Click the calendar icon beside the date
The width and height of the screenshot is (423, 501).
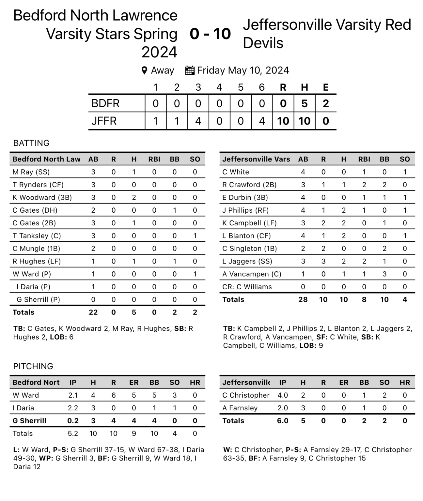[190, 70]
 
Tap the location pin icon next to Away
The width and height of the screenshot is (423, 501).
[144, 70]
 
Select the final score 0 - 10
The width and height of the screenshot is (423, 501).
[210, 34]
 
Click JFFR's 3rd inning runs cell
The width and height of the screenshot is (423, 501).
[198, 121]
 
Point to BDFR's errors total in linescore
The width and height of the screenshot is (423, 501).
[325, 103]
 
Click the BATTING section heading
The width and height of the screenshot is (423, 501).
[31, 143]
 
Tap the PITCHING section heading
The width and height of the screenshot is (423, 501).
[33, 366]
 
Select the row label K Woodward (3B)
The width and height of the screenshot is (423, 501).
[42, 197]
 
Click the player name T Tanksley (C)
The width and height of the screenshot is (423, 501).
[37, 235]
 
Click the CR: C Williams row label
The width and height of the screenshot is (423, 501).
[247, 287]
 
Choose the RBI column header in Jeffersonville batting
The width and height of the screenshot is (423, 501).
[364, 159]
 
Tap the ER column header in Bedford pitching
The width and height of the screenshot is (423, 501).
[134, 382]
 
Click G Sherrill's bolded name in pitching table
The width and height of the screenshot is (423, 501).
[29, 420]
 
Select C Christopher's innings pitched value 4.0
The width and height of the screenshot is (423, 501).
[283, 395]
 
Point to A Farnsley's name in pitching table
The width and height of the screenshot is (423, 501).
[240, 408]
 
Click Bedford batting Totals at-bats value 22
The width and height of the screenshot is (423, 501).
[93, 312]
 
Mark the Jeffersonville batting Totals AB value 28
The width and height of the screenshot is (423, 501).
[303, 299]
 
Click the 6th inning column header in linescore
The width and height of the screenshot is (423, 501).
[261, 87]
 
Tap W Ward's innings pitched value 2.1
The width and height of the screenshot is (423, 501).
[73, 395]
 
